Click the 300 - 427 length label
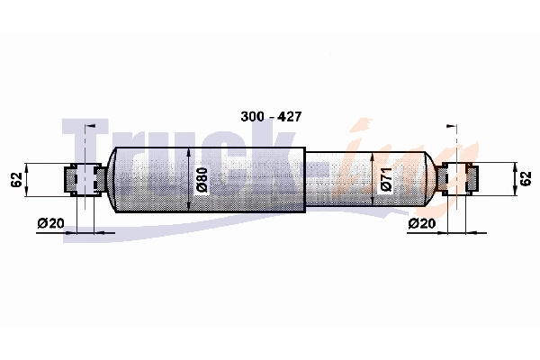[x=271, y=116]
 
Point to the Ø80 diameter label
[x=202, y=180]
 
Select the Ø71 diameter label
[x=386, y=180]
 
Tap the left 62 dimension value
[x=17, y=179]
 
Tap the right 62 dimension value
[x=526, y=179]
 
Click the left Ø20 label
[x=51, y=223]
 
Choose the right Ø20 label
[x=422, y=223]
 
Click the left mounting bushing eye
[x=85, y=180]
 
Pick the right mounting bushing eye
[x=457, y=180]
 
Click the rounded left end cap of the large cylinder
[x=111, y=180]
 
